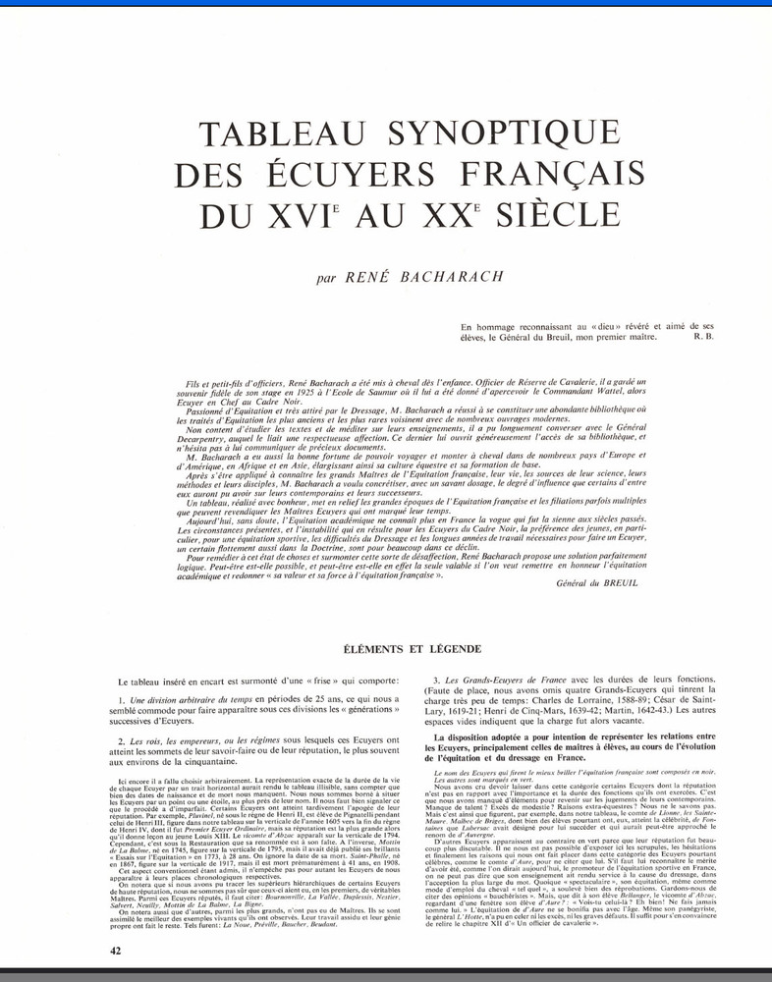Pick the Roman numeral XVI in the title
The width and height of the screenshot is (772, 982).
pos(322,212)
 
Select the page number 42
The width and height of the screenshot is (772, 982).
pos(116,952)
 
